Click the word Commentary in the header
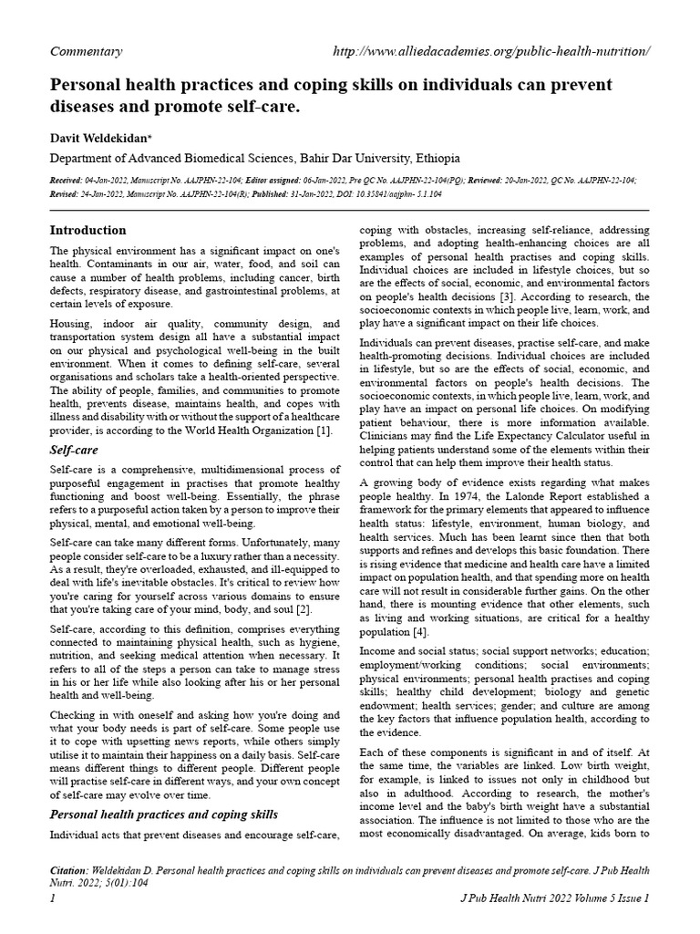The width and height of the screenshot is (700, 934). (x=86, y=51)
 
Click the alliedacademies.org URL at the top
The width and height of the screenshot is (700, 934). (x=492, y=51)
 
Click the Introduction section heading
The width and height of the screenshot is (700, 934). (x=87, y=230)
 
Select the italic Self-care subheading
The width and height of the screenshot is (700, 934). (x=74, y=450)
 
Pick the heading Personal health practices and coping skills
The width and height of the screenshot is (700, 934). (x=163, y=814)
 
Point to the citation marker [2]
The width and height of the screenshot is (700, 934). (x=305, y=608)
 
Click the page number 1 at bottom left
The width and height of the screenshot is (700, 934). (x=53, y=899)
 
